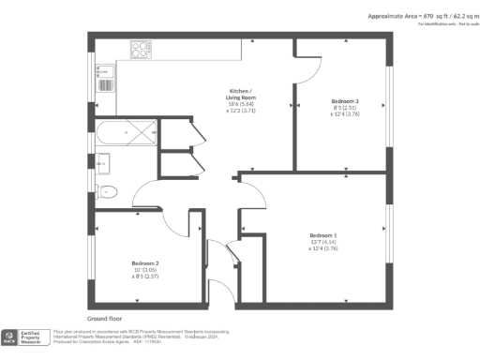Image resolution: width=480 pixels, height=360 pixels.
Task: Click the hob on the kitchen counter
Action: click(141, 50)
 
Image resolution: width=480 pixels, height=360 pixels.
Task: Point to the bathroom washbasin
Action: click(102, 164)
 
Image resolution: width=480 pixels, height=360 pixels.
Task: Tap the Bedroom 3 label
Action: click(345, 100)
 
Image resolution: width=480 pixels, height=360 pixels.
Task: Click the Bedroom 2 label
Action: click(143, 262)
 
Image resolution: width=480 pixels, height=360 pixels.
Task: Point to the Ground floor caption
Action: click(106, 319)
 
